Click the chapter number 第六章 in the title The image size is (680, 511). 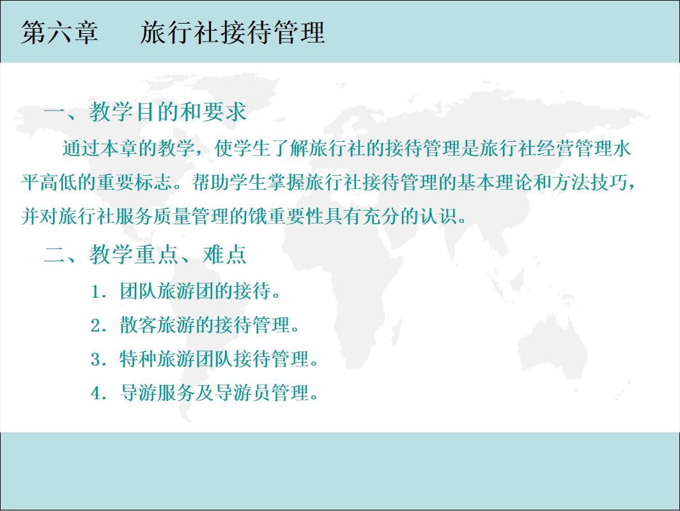59,33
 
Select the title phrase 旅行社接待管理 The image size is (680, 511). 233,33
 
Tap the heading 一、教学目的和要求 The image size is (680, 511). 145,112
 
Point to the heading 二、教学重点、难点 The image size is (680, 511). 145,255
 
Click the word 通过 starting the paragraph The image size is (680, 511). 80,149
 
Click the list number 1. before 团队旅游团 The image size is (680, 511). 98,293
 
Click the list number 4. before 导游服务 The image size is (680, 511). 98,393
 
